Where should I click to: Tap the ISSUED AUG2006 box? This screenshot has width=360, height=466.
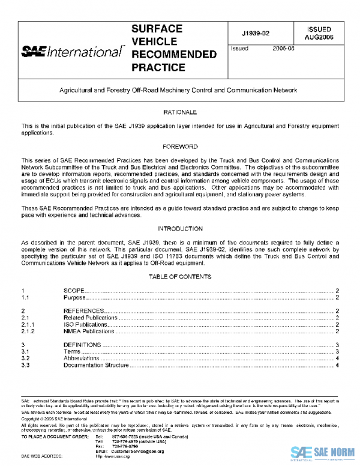point(319,33)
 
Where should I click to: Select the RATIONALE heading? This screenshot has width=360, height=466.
point(180,112)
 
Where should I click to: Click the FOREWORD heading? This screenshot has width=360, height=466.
point(180,147)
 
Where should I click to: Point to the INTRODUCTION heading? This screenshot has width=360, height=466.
point(180,229)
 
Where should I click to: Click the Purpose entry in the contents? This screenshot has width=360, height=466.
point(76,297)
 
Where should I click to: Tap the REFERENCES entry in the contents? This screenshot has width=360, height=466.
point(84,310)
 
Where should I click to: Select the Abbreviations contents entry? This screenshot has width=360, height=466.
point(82,358)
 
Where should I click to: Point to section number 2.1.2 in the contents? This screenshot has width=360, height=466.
point(28,331)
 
